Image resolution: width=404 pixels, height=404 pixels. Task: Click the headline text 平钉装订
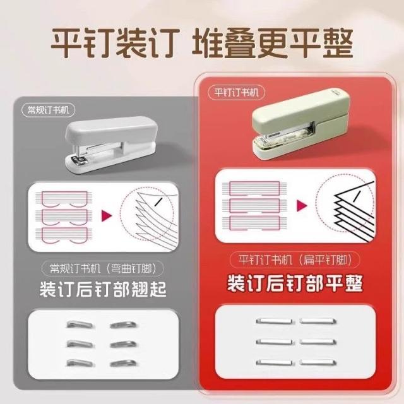coord(115,43)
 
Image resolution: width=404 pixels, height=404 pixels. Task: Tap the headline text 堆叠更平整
coord(272,43)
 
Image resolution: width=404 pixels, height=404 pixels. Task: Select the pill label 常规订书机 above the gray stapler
coord(49,110)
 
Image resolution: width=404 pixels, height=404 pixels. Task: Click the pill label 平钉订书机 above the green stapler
coord(236,92)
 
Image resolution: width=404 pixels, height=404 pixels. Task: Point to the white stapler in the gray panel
coord(111,145)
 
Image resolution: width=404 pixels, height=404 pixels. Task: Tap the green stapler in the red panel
coord(301,124)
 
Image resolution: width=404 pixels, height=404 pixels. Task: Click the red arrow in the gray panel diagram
coord(107,216)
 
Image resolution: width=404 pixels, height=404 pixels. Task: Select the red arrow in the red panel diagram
coord(302,206)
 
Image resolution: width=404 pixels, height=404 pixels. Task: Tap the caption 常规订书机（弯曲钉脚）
coord(102,268)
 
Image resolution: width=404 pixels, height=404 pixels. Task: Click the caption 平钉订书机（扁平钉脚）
coord(295,259)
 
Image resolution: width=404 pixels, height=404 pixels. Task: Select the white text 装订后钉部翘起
coord(103,289)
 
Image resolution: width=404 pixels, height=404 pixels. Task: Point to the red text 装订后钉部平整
coord(295,283)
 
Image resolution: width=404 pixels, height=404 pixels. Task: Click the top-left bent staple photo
coord(80,324)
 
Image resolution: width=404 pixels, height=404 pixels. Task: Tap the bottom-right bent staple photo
coord(124,364)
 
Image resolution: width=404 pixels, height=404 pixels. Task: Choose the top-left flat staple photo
coord(274,321)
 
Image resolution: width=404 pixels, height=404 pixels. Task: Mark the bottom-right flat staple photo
coord(318,363)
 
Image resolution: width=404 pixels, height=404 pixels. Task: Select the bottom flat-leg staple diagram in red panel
coord(254,223)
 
